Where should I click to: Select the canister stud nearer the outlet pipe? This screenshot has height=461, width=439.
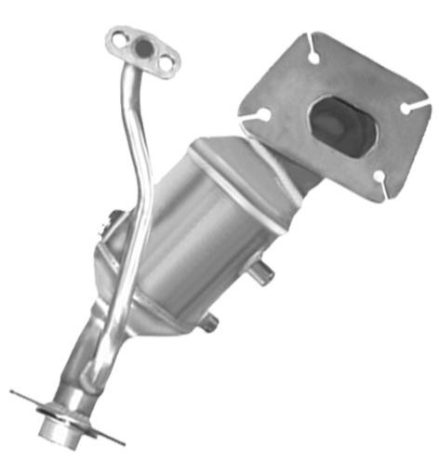pos(211,321)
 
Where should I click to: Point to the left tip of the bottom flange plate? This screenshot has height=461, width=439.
pos(15,392)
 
